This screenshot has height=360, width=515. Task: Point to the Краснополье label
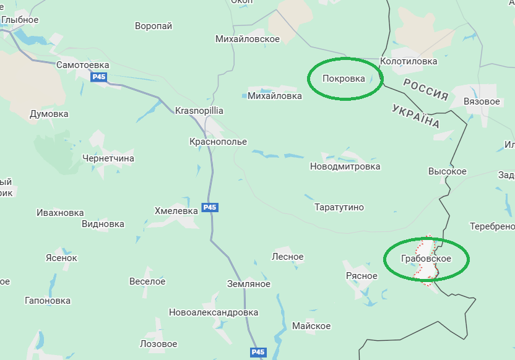click(x=218, y=142)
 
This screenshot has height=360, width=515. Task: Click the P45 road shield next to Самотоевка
click(x=98, y=77)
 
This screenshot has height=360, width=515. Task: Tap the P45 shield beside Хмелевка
click(x=210, y=207)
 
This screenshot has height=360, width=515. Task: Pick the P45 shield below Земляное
click(x=258, y=352)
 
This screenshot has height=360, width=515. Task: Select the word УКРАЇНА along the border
click(x=416, y=116)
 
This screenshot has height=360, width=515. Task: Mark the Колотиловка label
click(x=409, y=61)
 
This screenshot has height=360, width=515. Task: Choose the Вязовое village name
click(x=482, y=101)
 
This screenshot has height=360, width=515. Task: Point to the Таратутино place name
click(x=339, y=207)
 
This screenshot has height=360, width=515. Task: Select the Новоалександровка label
click(x=214, y=312)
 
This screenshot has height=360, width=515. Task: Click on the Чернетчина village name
click(x=108, y=158)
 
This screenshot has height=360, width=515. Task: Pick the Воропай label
click(x=154, y=26)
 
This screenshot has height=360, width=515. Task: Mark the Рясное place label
click(x=362, y=276)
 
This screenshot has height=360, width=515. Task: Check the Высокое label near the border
click(x=448, y=171)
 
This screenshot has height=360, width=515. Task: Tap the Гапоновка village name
click(x=48, y=301)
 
